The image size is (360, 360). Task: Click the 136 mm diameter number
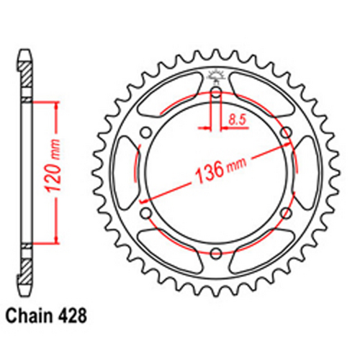[207, 174]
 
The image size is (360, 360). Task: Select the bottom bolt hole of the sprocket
[215, 251]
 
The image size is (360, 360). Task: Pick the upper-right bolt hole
[285, 131]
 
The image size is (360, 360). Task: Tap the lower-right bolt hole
[285, 212]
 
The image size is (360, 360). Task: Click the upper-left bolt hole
[146, 131]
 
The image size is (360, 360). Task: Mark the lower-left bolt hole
[146, 212]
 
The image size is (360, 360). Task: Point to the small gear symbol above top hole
[215, 74]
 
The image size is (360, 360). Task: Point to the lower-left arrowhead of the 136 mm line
[145, 199]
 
